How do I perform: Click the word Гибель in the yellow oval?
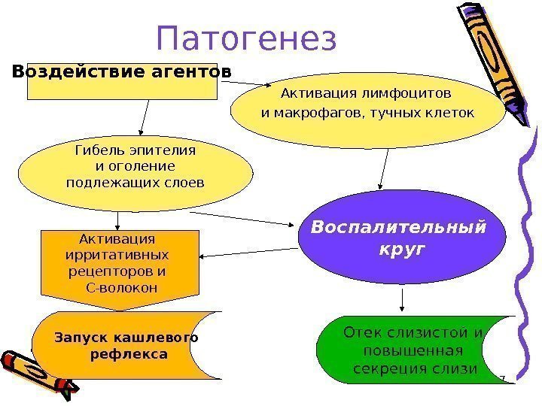pos(97,150)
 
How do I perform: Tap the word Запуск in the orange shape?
pos(81,338)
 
